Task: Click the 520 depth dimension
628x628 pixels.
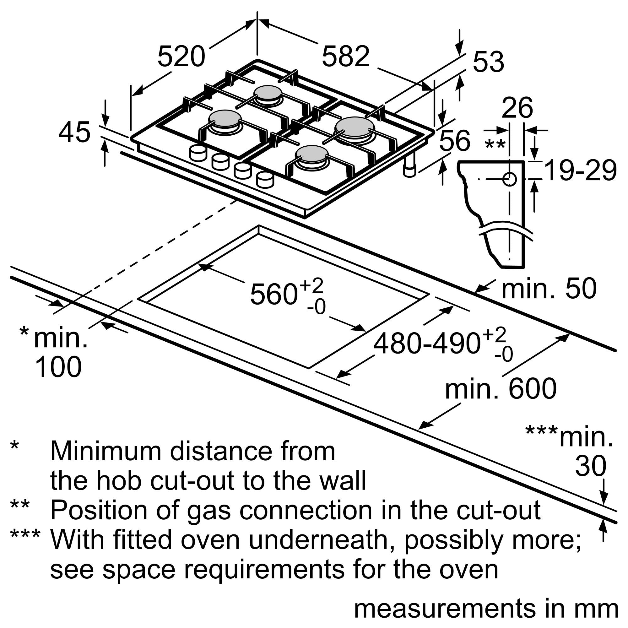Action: point(181,57)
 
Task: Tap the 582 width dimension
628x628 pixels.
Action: point(345,57)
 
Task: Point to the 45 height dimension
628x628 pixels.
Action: point(74,132)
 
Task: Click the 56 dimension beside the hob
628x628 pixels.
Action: point(454,141)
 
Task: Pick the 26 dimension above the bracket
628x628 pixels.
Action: point(517,108)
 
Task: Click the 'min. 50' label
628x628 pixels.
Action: point(549,288)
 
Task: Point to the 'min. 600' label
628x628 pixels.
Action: point(501,389)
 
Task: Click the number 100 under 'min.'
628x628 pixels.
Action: point(58,367)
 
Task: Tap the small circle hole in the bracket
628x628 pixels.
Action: point(509,179)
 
